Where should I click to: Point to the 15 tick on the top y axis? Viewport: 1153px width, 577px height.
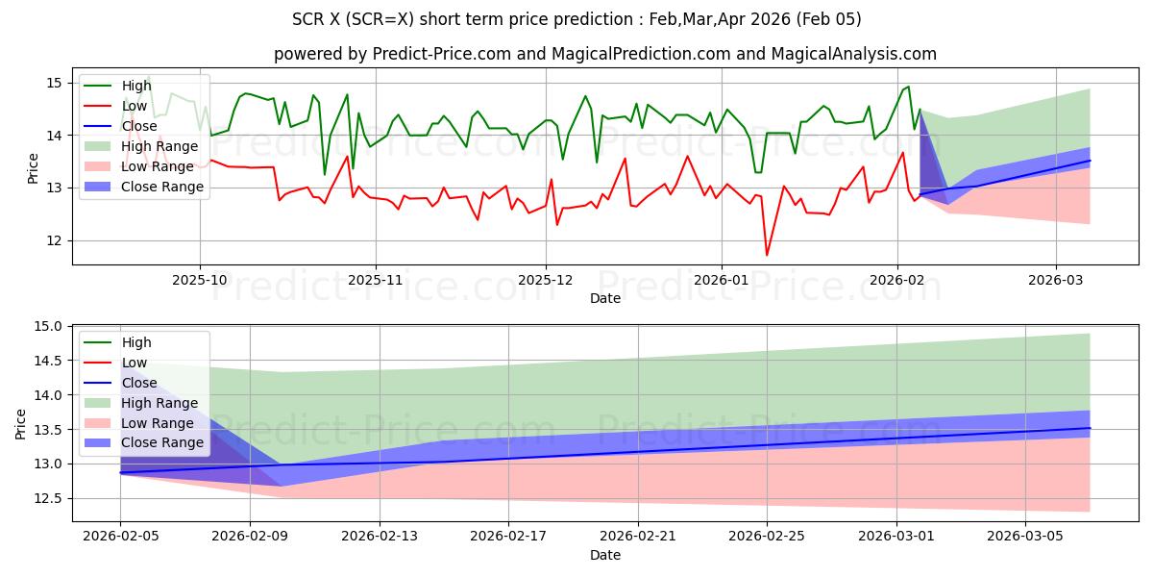(54, 83)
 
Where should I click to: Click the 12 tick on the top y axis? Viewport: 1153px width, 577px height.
(54, 240)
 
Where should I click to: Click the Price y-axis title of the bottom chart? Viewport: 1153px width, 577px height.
(21, 422)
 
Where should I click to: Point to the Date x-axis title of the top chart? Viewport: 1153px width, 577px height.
(605, 298)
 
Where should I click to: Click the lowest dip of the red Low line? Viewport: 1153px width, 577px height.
(767, 255)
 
